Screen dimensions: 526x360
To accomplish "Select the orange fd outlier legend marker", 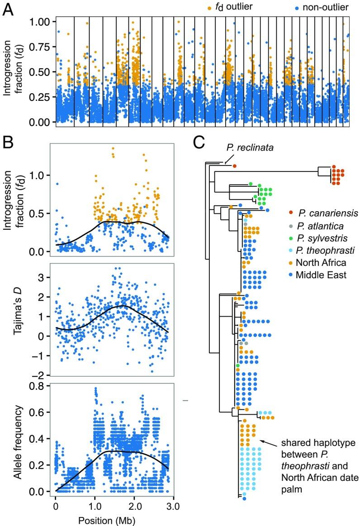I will tap(196, 8).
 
